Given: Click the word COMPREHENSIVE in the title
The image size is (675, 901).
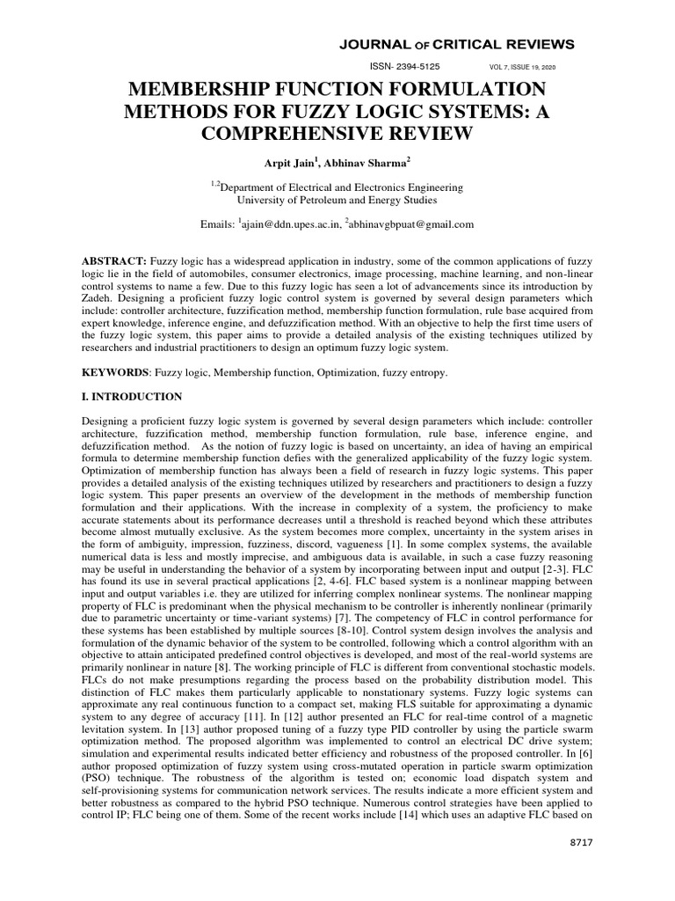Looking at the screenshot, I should [337, 134].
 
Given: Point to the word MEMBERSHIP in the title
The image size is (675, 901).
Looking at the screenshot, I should [209, 90].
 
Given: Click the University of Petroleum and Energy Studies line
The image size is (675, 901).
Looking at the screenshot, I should [337, 201].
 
